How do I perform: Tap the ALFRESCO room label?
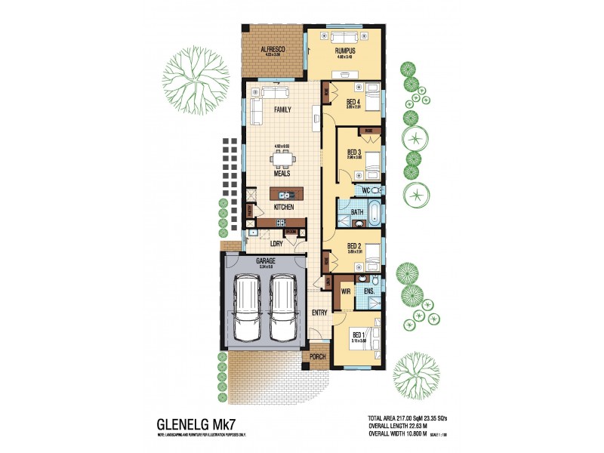pyautogui.click(x=271, y=49)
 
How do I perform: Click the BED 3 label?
pyautogui.click(x=354, y=153)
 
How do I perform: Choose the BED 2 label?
pyautogui.click(x=355, y=246)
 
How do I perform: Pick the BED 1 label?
pyautogui.click(x=359, y=336)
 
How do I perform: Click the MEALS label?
pyautogui.click(x=282, y=173)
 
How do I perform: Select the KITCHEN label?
pyautogui.click(x=284, y=206)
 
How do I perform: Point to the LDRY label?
pyautogui.click(x=276, y=243)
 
